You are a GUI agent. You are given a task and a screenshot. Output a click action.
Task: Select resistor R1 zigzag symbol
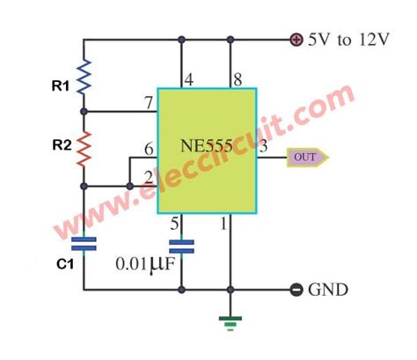click(x=84, y=77)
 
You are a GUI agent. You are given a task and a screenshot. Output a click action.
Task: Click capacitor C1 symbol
click(x=84, y=243)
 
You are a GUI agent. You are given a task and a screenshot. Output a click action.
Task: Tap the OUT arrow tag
click(x=307, y=158)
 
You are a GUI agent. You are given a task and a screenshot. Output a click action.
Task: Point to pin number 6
click(x=149, y=151)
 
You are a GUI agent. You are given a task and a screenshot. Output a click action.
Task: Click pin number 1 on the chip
click(x=223, y=224)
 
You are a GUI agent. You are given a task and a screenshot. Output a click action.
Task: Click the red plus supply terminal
click(x=296, y=39)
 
